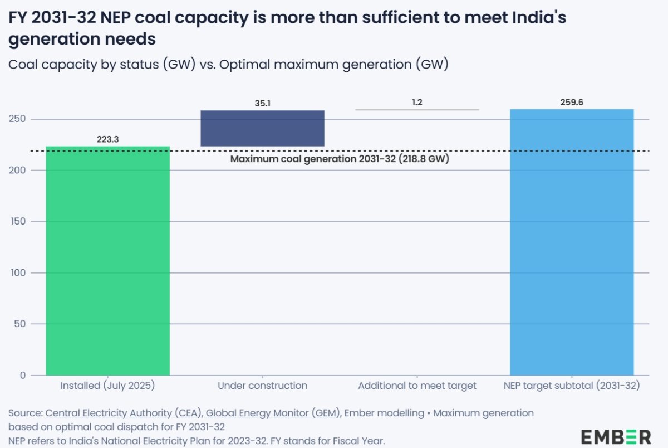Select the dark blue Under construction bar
click(262, 128)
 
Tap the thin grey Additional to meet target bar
click(417, 110)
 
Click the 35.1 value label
click(262, 103)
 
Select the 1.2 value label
click(417, 103)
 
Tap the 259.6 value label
click(572, 102)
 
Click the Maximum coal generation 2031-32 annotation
click(340, 159)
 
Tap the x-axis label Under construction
click(262, 386)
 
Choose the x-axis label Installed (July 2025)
click(107, 386)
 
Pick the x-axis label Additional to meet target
click(417, 386)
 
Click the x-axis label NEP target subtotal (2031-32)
click(572, 386)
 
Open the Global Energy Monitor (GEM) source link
click(273, 413)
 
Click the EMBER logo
click(616, 436)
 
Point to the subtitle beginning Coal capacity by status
click(228, 65)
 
